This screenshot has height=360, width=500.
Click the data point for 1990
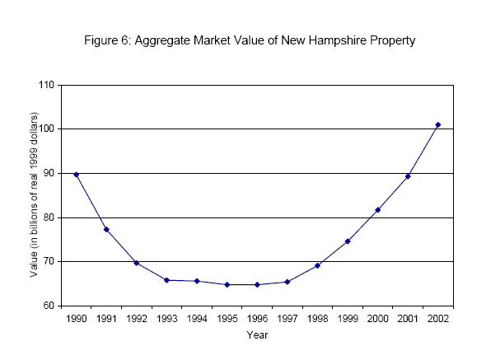pyautogui.click(x=77, y=174)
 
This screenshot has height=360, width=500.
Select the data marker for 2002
pyautogui.click(x=438, y=124)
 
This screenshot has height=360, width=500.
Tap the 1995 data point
pyautogui.click(x=227, y=284)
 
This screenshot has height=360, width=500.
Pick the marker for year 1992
pyautogui.click(x=137, y=263)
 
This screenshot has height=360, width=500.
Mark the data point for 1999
pyautogui.click(x=348, y=241)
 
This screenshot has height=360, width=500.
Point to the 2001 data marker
pyautogui.click(x=409, y=175)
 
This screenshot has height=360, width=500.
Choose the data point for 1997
pyautogui.click(x=287, y=282)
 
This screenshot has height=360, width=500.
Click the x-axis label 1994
pyautogui.click(x=197, y=319)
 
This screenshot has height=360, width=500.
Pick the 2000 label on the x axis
pyautogui.click(x=378, y=319)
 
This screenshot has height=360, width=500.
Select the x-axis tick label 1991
pyautogui.click(x=106, y=319)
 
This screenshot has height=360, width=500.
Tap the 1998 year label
pyautogui.click(x=318, y=319)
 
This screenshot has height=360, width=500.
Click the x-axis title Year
pyautogui.click(x=257, y=335)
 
